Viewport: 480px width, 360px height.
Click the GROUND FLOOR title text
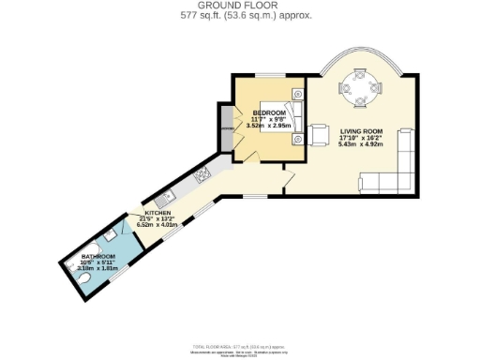[x=240, y=6]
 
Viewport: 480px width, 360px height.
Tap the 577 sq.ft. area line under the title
[x=240, y=16]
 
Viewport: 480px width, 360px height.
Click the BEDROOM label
[x=268, y=113]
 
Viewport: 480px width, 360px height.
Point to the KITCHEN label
[x=157, y=214]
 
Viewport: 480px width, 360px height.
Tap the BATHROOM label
[x=97, y=257]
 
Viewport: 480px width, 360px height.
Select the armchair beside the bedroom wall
[x=320, y=134]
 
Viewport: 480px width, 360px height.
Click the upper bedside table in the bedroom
[x=297, y=94]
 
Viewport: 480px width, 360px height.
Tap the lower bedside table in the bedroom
[x=297, y=140]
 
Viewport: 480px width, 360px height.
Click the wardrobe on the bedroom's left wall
[x=227, y=130]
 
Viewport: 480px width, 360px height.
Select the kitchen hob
[x=201, y=175]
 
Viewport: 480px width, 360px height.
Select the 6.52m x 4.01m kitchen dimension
[x=157, y=225]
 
